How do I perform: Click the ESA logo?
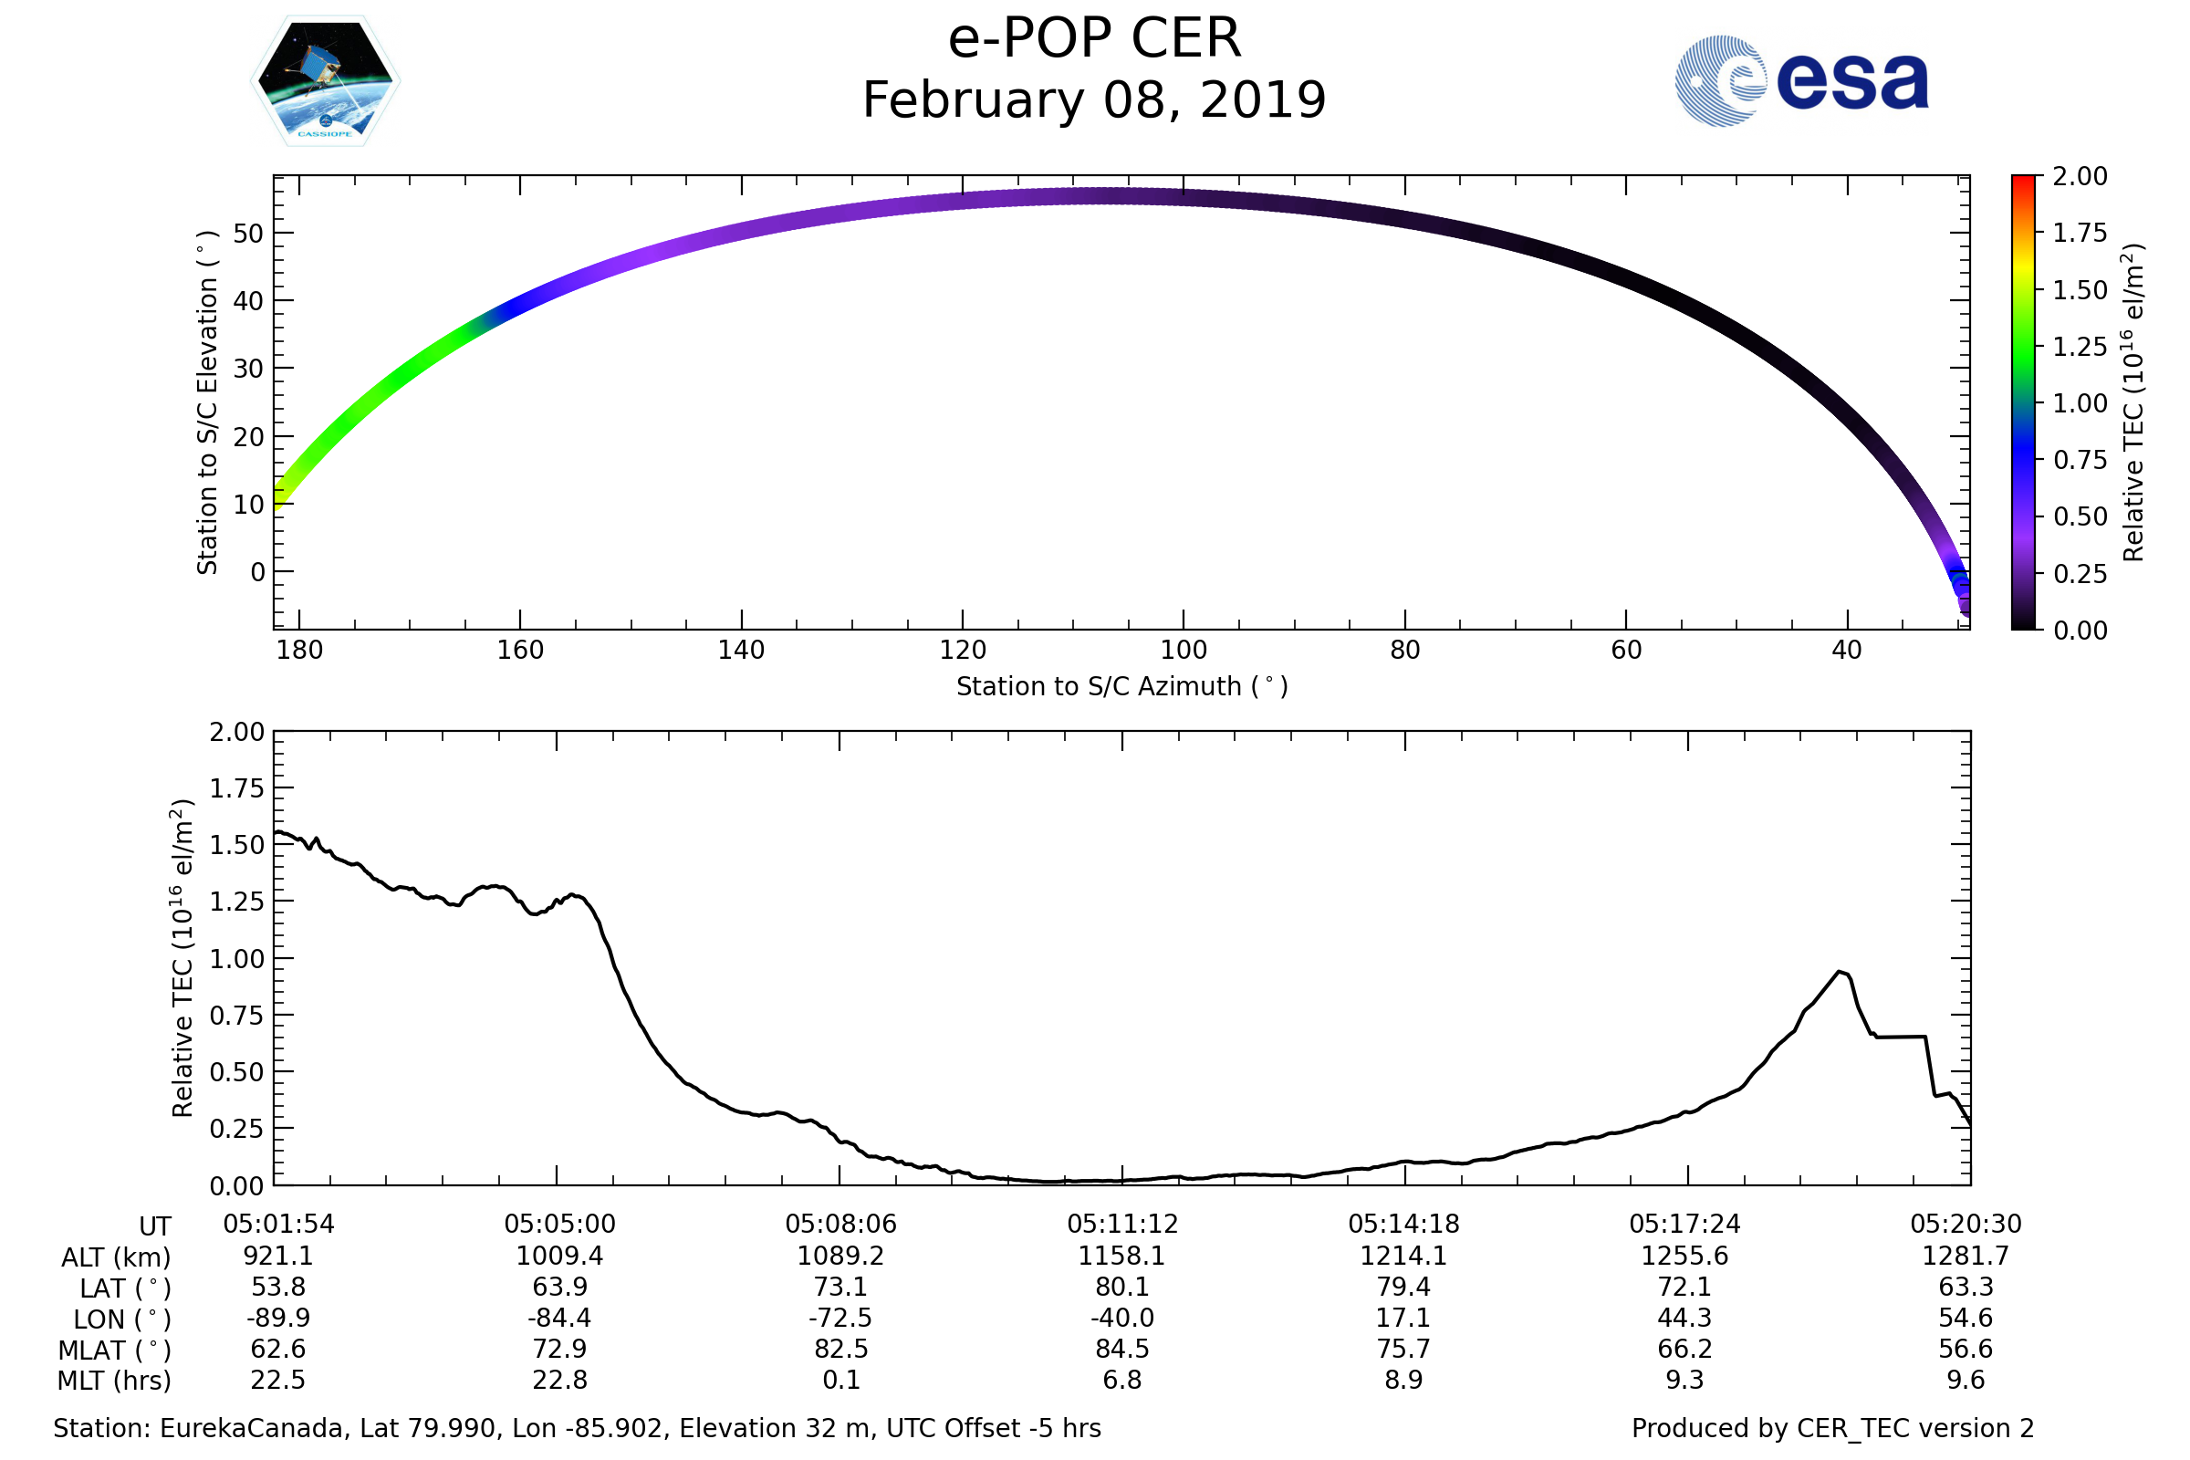click(x=1800, y=81)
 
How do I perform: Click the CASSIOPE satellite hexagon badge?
click(x=326, y=81)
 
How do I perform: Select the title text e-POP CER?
click(x=1094, y=39)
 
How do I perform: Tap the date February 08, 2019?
click(x=1094, y=100)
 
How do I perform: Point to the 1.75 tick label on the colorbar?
click(x=2080, y=233)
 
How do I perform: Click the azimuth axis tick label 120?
click(x=962, y=650)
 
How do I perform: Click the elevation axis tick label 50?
click(x=248, y=234)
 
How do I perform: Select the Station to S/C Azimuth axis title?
click(x=1122, y=687)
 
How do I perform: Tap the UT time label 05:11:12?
click(x=1122, y=1225)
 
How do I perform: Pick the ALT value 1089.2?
click(x=839, y=1257)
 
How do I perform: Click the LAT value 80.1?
click(x=1122, y=1287)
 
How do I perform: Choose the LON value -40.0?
click(x=1122, y=1318)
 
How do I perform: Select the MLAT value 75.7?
click(x=1403, y=1349)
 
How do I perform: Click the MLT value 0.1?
click(x=840, y=1380)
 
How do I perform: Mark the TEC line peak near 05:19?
click(x=1839, y=972)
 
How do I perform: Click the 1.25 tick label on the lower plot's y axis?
click(x=236, y=902)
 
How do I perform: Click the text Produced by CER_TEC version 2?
click(x=1832, y=1428)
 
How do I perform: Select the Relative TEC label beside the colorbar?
click(x=2133, y=402)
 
